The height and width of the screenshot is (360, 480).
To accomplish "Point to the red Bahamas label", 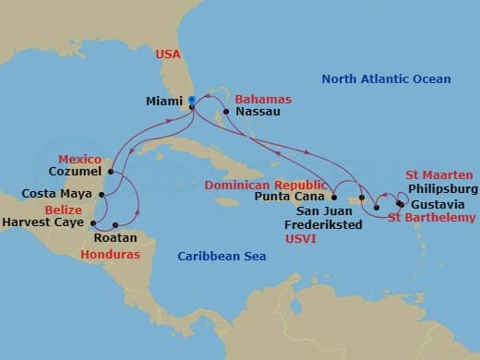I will click(263, 99).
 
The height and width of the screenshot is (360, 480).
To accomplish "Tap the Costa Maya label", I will click(57, 195).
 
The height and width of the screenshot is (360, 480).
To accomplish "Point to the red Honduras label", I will click(103, 253).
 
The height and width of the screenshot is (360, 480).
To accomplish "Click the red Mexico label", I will click(79, 159).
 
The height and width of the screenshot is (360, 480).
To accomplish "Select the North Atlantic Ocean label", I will click(386, 79).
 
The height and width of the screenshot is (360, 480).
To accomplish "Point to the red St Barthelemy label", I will click(432, 218).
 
